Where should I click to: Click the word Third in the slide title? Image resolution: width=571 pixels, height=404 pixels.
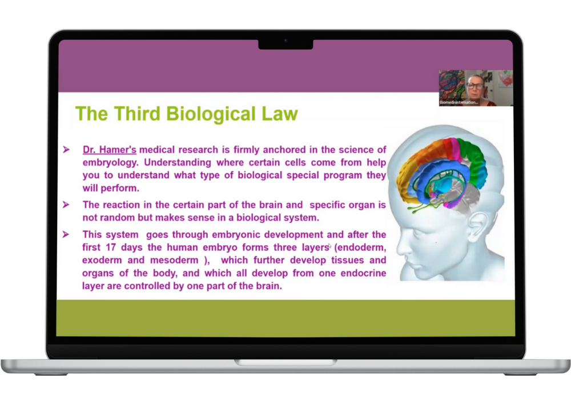[137, 114]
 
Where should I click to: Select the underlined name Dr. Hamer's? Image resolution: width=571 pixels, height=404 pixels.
[109, 150]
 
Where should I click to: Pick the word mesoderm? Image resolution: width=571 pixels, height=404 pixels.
[174, 260]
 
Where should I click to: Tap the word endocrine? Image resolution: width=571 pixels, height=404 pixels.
[363, 273]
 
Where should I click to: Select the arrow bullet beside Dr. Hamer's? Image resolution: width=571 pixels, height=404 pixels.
[66, 149]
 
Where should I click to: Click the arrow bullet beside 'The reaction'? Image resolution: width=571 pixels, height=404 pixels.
[66, 205]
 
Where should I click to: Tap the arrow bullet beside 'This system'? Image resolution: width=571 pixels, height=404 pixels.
[66, 234]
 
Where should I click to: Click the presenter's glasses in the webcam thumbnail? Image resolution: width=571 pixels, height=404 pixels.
[475, 86]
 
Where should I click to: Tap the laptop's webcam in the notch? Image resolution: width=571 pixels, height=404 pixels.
[285, 41]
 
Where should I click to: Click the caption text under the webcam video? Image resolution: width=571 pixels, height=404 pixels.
[459, 102]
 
